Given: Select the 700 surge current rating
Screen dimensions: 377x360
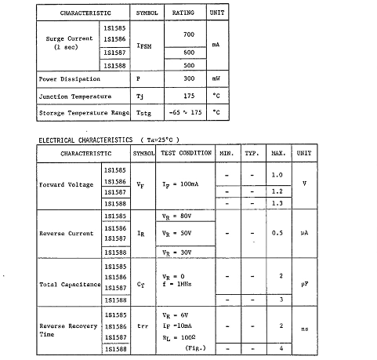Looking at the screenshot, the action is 188,36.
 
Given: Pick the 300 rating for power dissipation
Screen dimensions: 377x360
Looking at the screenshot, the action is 188,78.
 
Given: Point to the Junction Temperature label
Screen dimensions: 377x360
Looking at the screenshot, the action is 74,96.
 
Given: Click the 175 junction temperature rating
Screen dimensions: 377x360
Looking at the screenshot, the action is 188,96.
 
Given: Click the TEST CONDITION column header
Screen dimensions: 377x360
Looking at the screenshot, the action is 187,153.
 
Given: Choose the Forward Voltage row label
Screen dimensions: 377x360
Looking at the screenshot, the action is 67,186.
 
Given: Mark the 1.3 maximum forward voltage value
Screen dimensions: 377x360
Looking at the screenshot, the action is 277,203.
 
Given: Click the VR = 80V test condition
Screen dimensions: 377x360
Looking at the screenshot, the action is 176,215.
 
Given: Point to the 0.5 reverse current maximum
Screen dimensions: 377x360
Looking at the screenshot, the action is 277,233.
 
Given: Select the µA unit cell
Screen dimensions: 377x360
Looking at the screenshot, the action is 304,233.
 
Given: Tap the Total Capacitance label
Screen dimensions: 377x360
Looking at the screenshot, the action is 69,285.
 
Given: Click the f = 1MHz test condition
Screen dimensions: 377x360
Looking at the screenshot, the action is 176,285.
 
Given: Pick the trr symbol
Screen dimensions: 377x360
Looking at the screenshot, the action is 143,325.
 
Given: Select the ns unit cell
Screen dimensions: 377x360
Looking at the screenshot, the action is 304,330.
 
